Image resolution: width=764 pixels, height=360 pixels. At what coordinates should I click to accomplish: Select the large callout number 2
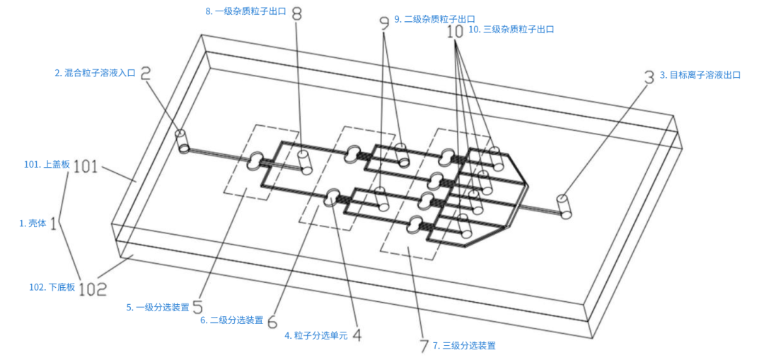pos(146,74)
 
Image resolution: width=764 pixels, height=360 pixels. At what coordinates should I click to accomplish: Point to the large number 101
pos(86,166)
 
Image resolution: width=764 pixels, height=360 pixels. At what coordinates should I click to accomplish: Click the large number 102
pos(93,289)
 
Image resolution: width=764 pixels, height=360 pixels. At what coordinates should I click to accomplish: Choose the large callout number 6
pos(273,321)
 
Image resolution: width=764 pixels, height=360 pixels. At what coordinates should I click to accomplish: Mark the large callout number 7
pos(424,345)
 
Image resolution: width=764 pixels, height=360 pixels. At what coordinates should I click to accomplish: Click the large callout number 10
pos(456,32)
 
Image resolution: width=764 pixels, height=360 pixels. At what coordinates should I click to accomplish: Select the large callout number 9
pos(385,21)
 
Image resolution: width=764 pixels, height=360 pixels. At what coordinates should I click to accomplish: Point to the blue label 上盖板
pos(57,165)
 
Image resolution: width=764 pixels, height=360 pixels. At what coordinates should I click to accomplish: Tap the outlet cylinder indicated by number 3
pos(565,207)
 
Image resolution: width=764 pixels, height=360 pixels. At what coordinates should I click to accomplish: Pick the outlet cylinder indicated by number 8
pos(304,163)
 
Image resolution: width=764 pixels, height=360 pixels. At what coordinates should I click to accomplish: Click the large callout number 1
pos(54,225)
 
